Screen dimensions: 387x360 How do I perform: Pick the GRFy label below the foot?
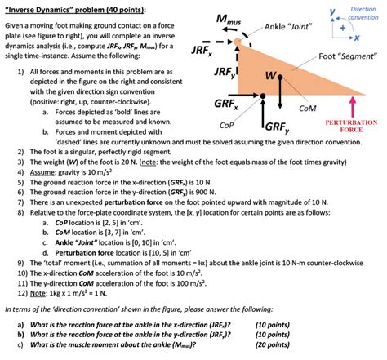click(276, 127)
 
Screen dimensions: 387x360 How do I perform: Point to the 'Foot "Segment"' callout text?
click(348, 57)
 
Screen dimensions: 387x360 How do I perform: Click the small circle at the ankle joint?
click(238, 38)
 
